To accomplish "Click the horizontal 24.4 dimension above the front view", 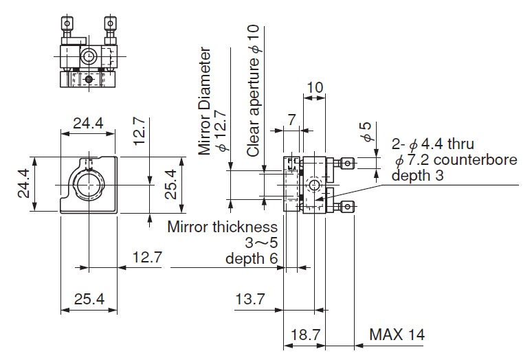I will coord(88,124).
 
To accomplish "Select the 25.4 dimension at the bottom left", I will coord(88,300).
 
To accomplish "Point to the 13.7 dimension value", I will coord(250,300).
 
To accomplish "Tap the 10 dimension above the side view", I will coord(315,87).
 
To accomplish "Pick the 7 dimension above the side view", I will coord(292,120).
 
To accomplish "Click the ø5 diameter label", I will coord(367,133).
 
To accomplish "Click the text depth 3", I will coord(416,176).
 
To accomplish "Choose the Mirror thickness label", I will coord(222,227).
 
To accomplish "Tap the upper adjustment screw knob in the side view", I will coord(350,164).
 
